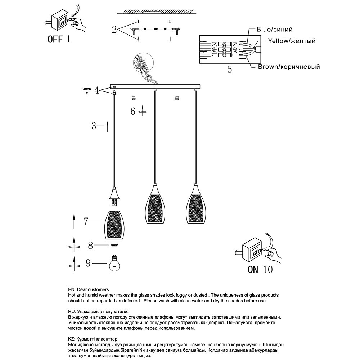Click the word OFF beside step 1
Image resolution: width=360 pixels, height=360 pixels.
coord(55,39)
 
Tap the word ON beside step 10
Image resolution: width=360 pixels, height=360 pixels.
coord(253,269)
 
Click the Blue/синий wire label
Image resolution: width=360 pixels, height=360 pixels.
coord(274,30)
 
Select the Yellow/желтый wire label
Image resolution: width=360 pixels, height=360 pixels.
coord(292,41)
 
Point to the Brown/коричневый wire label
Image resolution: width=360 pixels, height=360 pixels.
coord(289,67)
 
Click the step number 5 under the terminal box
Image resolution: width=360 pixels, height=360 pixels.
coord(229,69)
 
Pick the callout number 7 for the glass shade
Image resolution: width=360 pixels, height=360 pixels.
coord(86,221)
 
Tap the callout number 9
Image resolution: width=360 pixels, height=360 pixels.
coord(88,264)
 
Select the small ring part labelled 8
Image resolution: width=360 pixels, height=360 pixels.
coord(114,245)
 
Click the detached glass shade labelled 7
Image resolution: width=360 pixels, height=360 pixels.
coord(115,225)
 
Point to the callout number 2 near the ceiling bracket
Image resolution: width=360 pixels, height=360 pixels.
coord(114,30)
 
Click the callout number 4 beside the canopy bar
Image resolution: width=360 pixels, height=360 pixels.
coord(96,90)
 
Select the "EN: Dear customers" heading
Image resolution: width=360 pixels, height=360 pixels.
coord(88,289)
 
